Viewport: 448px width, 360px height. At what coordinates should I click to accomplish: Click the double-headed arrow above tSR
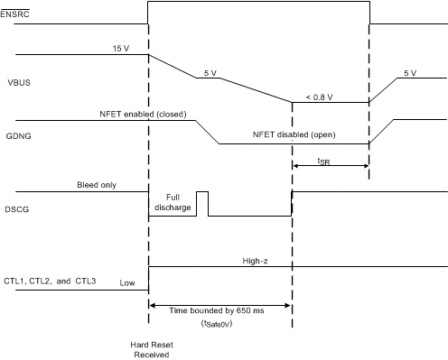pyautogui.click(x=331, y=164)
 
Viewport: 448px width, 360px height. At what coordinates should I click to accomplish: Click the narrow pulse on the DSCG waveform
pyautogui.click(x=202, y=204)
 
